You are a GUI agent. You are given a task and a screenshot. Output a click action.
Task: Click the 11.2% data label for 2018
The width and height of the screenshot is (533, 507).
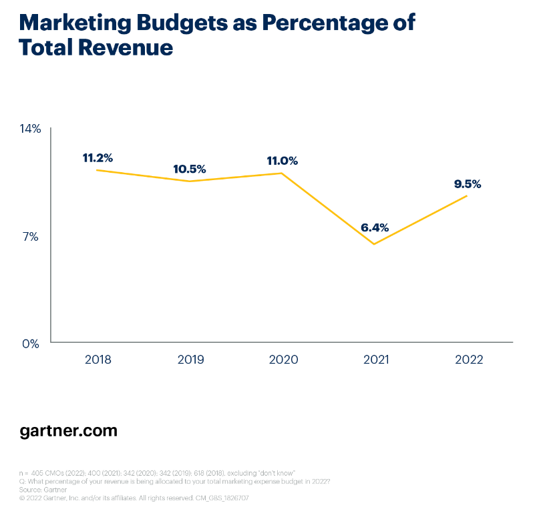click(98, 158)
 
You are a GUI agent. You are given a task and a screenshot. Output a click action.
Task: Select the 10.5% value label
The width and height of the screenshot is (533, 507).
click(190, 169)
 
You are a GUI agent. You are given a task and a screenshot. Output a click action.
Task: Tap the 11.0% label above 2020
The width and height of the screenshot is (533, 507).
click(281, 161)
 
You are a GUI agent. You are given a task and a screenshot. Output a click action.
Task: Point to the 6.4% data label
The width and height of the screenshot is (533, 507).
click(375, 227)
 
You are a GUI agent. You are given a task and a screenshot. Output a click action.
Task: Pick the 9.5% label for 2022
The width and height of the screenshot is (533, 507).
click(467, 184)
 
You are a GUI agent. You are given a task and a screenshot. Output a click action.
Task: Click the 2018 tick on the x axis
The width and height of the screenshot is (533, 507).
click(98, 360)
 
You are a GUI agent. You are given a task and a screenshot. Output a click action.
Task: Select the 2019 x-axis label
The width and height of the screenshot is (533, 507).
click(190, 360)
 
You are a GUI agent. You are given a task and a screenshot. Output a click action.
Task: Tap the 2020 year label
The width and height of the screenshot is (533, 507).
click(283, 360)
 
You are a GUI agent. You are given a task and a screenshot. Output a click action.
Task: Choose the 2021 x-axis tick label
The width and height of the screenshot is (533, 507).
click(375, 360)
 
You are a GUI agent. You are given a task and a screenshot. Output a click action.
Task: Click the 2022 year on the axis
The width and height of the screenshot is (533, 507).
click(468, 360)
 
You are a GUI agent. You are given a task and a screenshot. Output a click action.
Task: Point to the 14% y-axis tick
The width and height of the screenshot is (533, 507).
click(31, 129)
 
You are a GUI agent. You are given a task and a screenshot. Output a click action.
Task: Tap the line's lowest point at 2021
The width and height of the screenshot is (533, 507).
click(375, 244)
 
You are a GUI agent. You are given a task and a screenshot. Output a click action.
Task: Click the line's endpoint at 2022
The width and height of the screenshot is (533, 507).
click(467, 195)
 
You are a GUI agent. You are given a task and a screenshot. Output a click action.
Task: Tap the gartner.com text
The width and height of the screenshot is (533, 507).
click(68, 431)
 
